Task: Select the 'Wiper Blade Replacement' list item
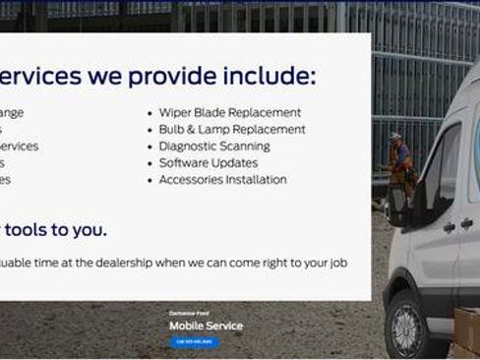(229, 113)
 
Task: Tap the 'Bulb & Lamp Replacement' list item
(231, 130)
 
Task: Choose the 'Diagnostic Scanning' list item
(213, 147)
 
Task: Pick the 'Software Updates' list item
(208, 163)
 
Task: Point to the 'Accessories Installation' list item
(222, 180)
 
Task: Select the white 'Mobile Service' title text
(206, 326)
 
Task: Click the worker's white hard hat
(395, 137)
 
